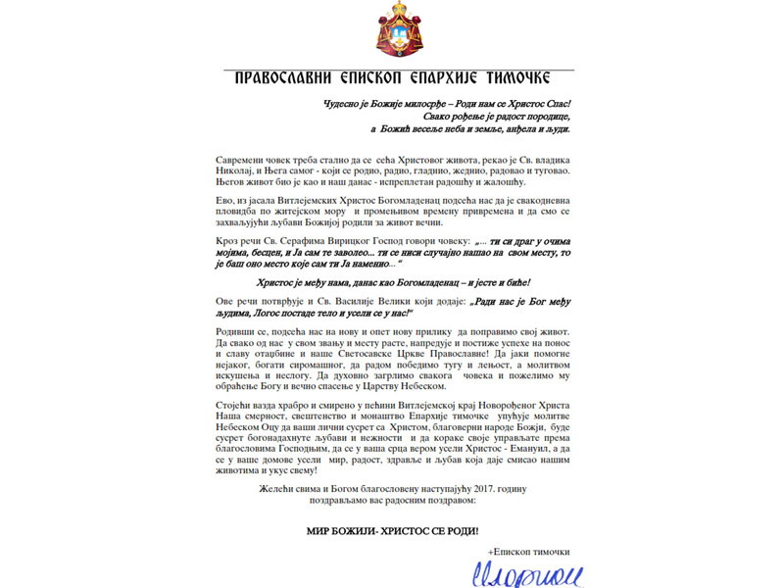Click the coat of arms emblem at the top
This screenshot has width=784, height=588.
[392, 29]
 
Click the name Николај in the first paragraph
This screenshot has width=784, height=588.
[236, 171]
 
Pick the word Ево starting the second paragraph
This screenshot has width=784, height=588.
[221, 200]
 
